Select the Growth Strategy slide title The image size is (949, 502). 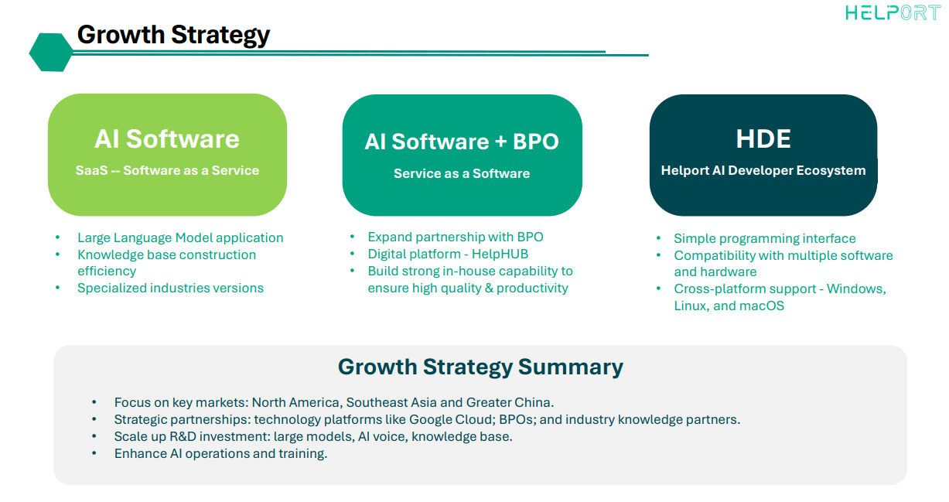(173, 35)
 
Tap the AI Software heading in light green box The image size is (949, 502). (167, 138)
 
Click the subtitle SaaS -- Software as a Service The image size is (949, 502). (167, 170)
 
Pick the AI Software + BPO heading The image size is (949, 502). (462, 142)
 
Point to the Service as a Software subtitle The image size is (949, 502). (462, 173)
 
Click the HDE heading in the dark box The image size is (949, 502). (763, 138)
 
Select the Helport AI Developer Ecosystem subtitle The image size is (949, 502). (763, 170)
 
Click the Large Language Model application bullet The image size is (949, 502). (180, 237)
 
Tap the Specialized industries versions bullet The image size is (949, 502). (170, 288)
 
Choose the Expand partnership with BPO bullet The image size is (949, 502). (456, 237)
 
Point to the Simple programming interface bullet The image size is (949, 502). (764, 238)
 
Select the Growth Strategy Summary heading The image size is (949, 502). (480, 366)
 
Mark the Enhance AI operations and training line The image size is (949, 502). (220, 453)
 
